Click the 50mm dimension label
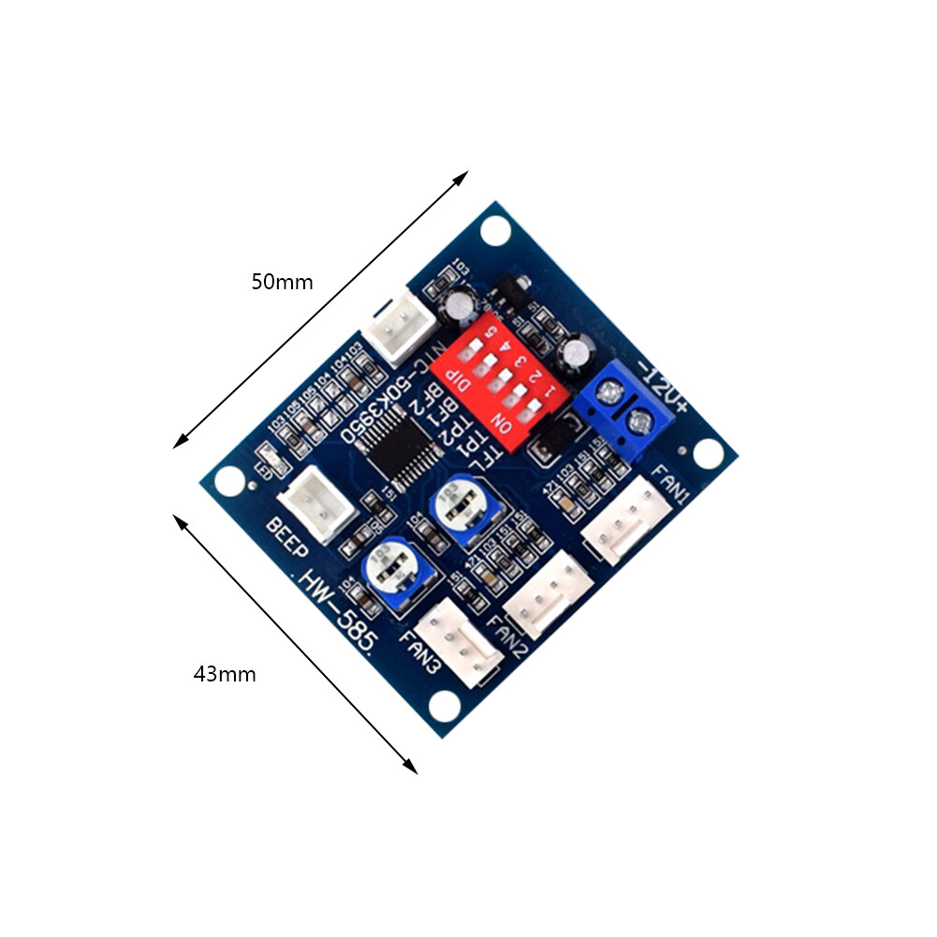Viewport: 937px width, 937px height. [282, 282]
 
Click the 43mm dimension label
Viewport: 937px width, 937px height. [225, 673]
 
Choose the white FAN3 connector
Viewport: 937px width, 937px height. [458, 647]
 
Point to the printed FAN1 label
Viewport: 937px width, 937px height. [673, 481]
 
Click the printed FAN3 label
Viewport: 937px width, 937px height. [420, 653]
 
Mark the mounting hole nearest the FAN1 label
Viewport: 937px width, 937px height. [709, 452]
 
